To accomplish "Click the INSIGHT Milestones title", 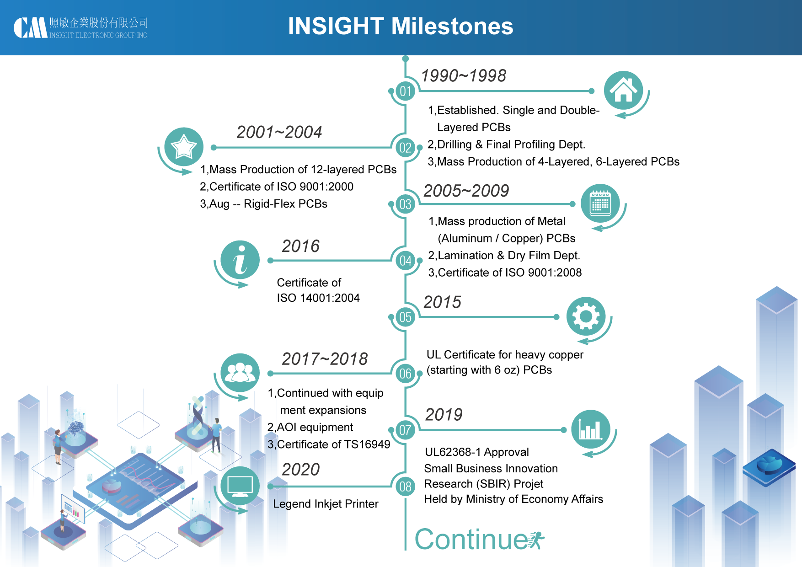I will pos(401,26).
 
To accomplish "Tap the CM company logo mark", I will pos(30,28).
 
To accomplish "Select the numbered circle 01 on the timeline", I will pos(405,91).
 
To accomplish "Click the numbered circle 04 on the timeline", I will pos(405,261).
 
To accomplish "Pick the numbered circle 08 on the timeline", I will pos(405,487).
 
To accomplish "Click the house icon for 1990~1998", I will pos(623,90).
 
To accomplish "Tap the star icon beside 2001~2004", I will pos(183,147).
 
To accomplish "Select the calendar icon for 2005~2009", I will pos(600,203).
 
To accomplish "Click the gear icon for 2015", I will pos(586,316).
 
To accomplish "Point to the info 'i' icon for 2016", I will pos(240,260).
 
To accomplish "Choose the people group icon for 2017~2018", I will pos(240,373).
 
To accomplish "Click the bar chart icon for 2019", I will pos(590,429).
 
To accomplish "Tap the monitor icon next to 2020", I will pos(240,486).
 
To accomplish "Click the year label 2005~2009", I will pos(466,191).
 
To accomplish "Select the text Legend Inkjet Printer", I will pos(326,504).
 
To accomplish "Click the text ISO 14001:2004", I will pos(318,298).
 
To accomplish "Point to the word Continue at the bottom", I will pos(471,540).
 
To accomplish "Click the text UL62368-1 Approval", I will pos(476,452).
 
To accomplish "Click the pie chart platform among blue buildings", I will pos(770,466).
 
